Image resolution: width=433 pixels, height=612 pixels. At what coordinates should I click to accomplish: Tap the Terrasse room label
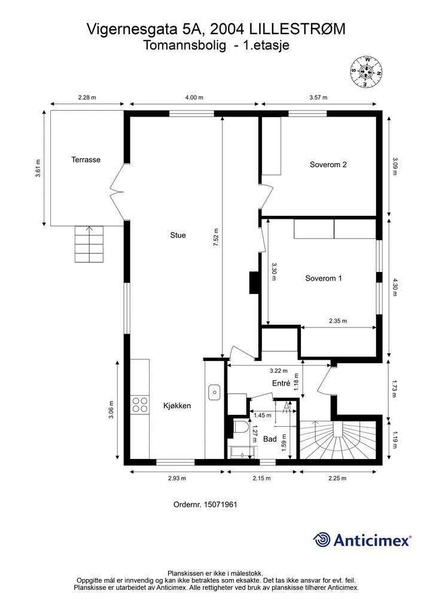click(86, 160)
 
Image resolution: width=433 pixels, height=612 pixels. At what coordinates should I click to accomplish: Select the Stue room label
click(178, 235)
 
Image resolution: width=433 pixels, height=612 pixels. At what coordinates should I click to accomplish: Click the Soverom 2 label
click(328, 165)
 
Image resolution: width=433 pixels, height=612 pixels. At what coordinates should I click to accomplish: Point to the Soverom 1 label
click(323, 278)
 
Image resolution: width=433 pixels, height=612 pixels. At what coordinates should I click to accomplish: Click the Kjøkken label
click(177, 405)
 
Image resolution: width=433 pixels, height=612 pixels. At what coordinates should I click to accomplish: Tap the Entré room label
click(280, 383)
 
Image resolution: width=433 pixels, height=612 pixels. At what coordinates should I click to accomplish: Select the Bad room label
click(270, 439)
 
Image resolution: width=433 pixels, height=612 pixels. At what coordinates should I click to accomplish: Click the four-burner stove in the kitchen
click(140, 405)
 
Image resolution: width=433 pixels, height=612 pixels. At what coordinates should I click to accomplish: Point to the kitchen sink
click(214, 393)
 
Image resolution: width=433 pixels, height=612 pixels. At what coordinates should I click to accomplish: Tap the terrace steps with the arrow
click(89, 244)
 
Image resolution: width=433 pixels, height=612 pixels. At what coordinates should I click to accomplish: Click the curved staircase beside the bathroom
click(337, 439)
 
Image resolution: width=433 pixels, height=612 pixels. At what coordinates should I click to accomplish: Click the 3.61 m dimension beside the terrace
click(38, 169)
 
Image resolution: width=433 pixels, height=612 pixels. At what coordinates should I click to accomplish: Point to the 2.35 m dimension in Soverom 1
click(337, 321)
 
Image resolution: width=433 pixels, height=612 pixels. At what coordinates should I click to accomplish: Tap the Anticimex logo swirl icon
click(322, 540)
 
